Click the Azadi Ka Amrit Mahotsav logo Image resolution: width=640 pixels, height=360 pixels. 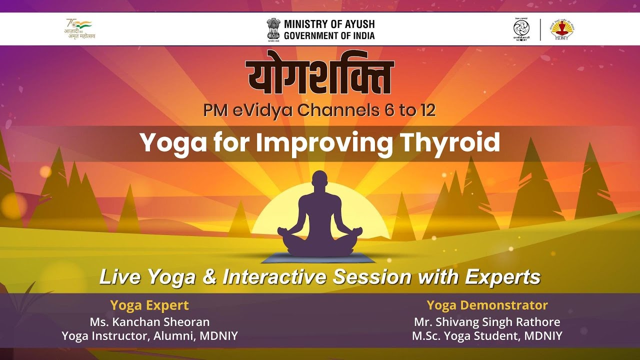80,29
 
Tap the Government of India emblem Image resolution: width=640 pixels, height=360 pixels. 273,28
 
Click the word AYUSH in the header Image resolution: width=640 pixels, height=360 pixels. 357,24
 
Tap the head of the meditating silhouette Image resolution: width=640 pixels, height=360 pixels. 320,183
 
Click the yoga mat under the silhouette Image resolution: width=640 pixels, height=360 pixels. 320,258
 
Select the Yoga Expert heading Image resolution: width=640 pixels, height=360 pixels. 149,305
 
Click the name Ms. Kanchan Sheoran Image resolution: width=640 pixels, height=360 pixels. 149,321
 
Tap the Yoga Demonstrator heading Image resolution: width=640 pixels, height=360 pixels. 487,305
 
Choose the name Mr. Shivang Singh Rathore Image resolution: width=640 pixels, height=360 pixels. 487,321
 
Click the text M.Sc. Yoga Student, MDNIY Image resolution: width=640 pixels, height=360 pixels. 487,336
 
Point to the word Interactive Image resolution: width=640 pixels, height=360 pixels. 274,277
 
